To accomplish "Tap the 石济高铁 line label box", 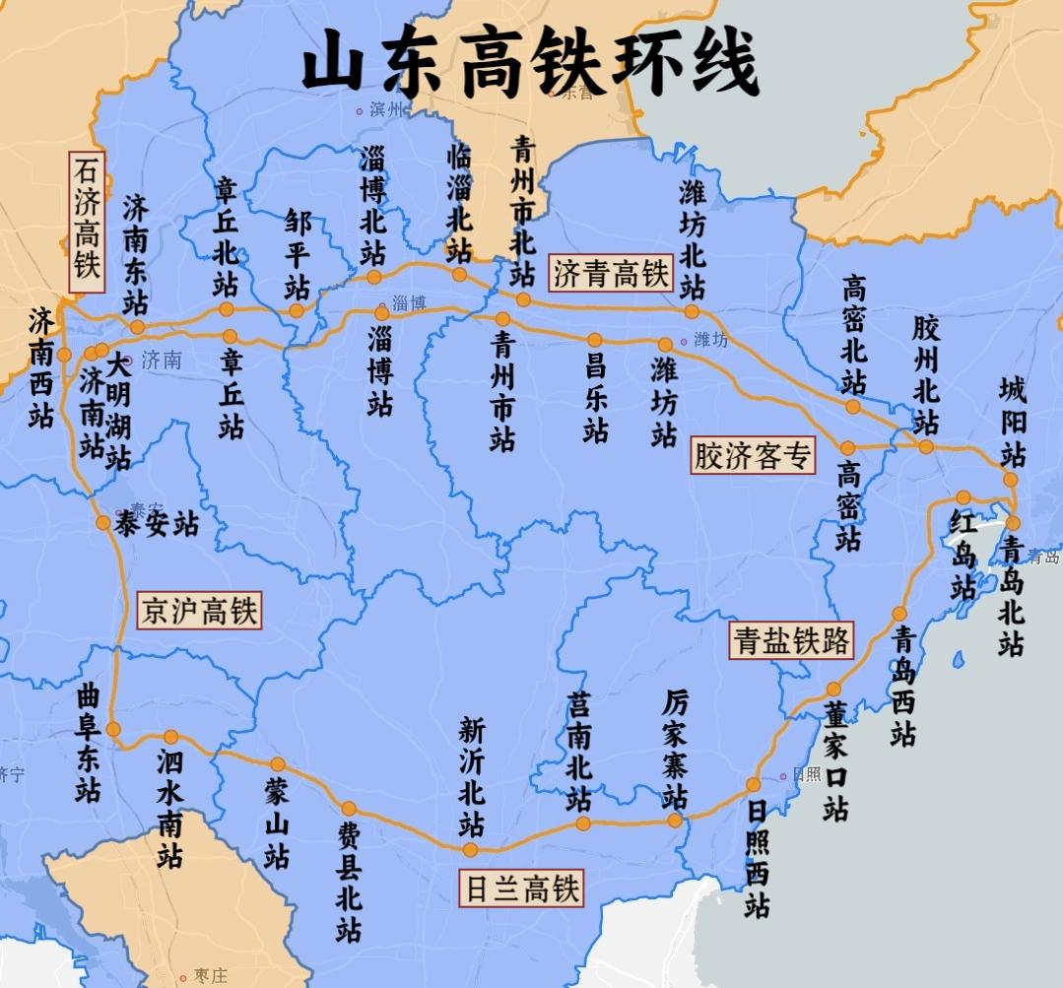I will tap(87, 222).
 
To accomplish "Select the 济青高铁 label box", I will tap(610, 273).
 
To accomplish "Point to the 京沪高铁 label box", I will tap(199, 611).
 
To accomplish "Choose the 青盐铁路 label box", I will tap(791, 640).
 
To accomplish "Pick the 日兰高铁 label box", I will tap(522, 889).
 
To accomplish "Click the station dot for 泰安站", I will tap(103, 522).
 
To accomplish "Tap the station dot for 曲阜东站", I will tap(113, 729).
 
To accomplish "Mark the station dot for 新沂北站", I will tap(470, 849).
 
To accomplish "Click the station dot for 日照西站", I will tap(753, 785).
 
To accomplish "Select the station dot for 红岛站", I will tap(963, 497).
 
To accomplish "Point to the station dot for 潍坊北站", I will tap(692, 311).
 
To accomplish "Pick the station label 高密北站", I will tap(854, 334).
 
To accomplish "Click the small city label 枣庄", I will tap(210, 976).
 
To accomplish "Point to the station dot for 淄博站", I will tap(382, 313).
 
